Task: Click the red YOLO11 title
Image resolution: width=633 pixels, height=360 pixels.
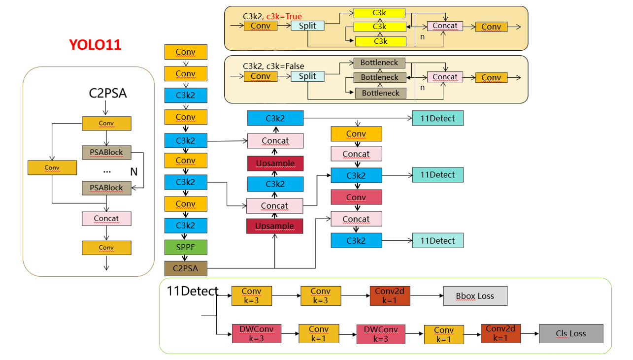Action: tap(95, 45)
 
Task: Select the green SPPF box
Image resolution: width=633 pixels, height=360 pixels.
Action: tap(186, 247)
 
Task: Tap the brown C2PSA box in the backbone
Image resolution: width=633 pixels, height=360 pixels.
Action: tap(186, 269)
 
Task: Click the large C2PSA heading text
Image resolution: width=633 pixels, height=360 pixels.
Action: tap(108, 93)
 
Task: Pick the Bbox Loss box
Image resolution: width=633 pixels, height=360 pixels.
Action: tap(475, 296)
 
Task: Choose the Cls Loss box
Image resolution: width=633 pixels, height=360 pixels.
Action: tap(571, 333)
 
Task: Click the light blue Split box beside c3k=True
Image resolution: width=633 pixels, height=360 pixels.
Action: tap(307, 26)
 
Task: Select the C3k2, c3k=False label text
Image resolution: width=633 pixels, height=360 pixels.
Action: tap(273, 66)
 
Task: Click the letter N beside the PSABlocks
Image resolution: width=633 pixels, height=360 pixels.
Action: tap(133, 172)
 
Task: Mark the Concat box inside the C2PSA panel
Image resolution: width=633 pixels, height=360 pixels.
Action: tap(106, 218)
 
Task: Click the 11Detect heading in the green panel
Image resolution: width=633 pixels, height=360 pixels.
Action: tap(193, 291)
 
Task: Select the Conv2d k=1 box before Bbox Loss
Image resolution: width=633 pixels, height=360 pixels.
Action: tap(390, 296)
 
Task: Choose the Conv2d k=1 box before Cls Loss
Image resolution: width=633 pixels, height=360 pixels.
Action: tap(500, 333)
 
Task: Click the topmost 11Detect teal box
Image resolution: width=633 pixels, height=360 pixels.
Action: tap(437, 118)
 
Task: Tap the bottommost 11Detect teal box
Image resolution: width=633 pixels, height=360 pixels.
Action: tap(437, 240)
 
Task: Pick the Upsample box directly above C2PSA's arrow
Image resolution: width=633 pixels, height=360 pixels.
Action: tap(274, 226)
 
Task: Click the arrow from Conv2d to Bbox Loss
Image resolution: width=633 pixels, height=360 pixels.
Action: tap(427, 296)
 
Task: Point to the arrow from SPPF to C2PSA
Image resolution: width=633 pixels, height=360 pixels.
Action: tap(186, 258)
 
